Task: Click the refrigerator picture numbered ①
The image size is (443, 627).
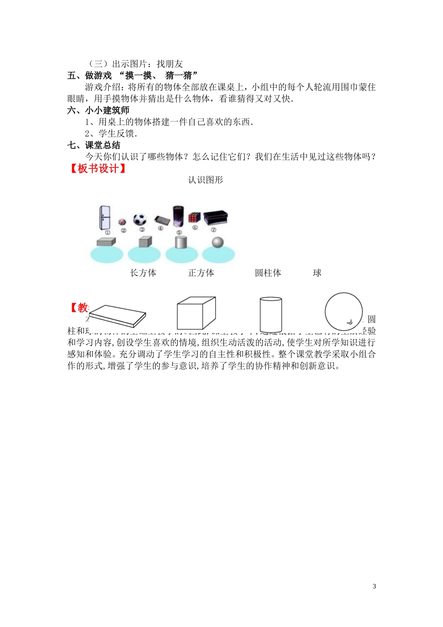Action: (105, 217)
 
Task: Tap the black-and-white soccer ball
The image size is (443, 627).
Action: (140, 219)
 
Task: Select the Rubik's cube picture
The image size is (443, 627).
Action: (194, 217)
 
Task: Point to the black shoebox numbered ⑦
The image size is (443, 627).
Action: (215, 218)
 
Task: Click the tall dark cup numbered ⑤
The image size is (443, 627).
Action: (178, 217)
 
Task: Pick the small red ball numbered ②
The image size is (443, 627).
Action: (123, 222)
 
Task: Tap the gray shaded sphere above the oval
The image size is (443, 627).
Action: (218, 243)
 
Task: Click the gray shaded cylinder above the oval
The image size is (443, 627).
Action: (180, 242)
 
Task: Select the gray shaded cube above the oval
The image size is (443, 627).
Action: (145, 242)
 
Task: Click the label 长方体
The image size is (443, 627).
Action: (143, 273)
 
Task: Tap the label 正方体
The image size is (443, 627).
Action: (201, 273)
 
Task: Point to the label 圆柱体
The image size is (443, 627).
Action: (268, 273)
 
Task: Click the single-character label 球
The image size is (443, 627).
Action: (317, 273)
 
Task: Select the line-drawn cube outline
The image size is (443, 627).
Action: (196, 313)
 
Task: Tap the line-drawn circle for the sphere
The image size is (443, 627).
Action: (344, 312)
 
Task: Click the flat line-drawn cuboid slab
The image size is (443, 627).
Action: (118, 316)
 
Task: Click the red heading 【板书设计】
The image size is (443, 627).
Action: (97, 168)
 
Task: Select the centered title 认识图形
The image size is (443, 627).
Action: (206, 180)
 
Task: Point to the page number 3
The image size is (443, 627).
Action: (374, 586)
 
